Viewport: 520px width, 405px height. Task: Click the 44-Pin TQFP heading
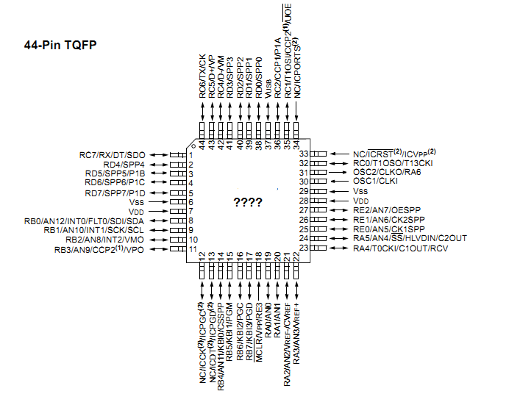[x=61, y=46]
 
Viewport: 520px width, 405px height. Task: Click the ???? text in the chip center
[x=247, y=201]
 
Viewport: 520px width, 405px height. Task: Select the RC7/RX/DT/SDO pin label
[x=113, y=154]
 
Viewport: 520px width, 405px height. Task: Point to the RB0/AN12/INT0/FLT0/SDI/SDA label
[x=85, y=221]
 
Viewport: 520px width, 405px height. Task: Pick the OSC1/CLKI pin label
[x=375, y=181]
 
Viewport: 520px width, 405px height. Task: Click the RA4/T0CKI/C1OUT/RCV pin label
[x=399, y=248]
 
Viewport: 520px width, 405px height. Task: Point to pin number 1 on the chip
[x=190, y=155]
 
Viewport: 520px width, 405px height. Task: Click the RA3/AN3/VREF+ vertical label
[x=296, y=329]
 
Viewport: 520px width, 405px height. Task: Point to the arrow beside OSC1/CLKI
[x=338, y=181]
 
